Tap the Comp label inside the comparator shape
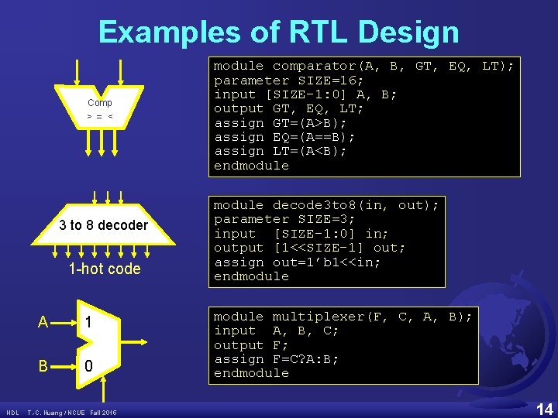99,102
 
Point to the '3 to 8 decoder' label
103,225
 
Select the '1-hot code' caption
105,269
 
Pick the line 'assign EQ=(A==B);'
284,137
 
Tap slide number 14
544,408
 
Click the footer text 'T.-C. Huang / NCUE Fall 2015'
71,413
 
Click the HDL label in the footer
12,413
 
